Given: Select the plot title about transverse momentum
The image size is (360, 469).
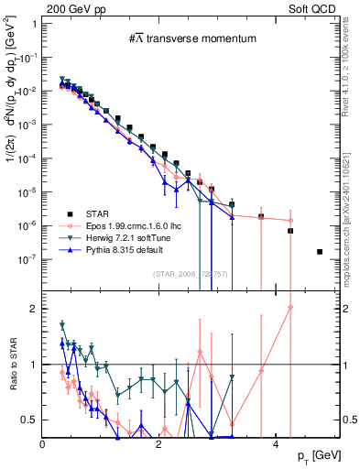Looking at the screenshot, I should [x=191, y=38].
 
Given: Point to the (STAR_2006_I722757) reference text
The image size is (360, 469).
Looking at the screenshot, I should [x=190, y=273].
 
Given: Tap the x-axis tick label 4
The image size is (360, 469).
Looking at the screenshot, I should [x=277, y=444].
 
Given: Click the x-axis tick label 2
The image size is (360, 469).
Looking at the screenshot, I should [x=159, y=444].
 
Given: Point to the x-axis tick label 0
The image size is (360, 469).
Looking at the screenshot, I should [x=43, y=444].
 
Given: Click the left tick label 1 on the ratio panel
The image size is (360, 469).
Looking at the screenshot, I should [x=33, y=365].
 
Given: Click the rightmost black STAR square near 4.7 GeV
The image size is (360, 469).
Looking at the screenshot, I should [x=320, y=251].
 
